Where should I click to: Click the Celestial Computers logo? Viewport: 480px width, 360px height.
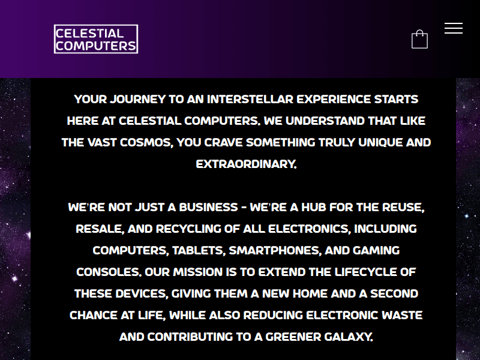pyautogui.click(x=96, y=39)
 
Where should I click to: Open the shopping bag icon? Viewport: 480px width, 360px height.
pyautogui.click(x=419, y=40)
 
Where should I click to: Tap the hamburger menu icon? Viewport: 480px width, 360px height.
pyautogui.click(x=454, y=28)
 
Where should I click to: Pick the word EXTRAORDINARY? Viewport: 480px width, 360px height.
pyautogui.click(x=246, y=164)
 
